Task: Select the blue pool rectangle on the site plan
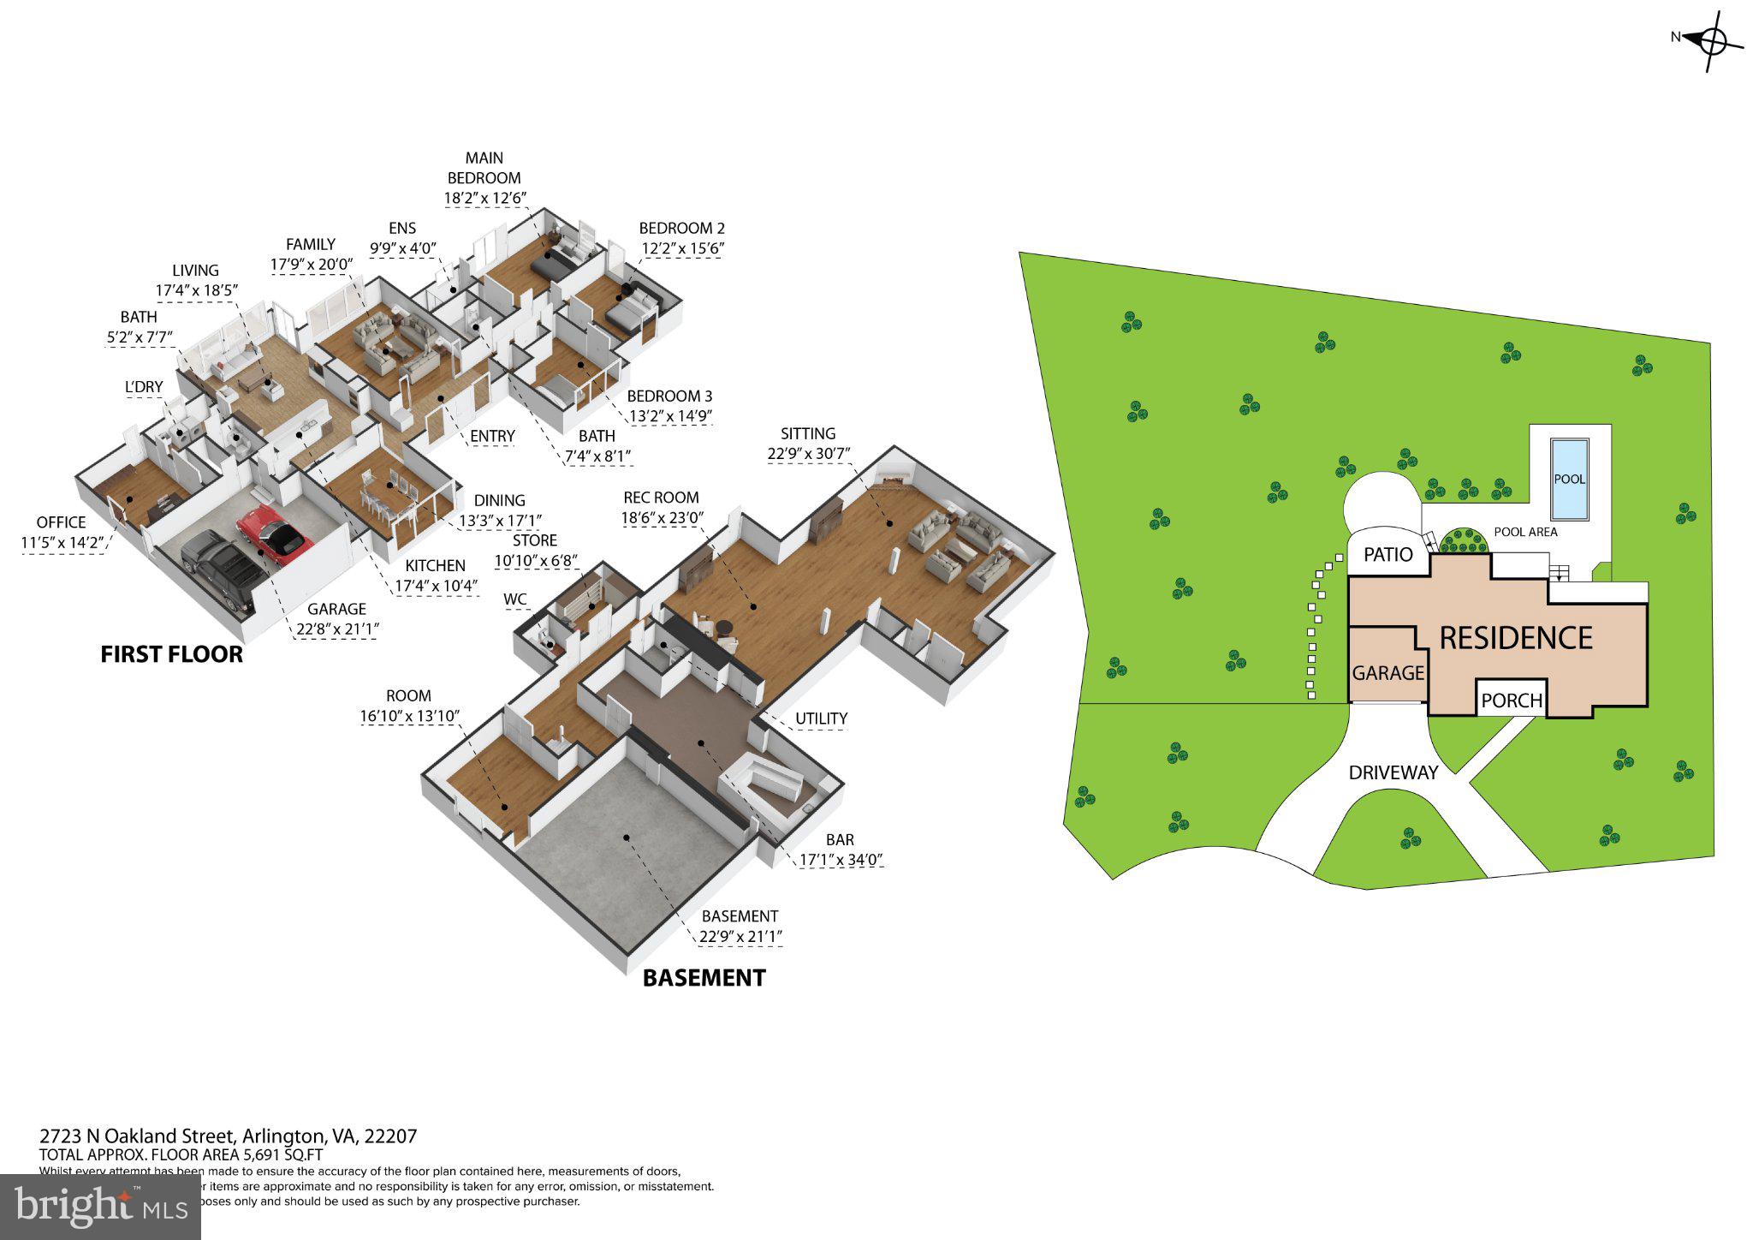pos(1569,479)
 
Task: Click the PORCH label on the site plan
pos(1512,700)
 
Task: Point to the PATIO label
pos(1388,555)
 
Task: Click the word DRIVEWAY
pos(1393,772)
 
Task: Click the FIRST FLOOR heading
pos(171,655)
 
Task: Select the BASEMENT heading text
pos(704,978)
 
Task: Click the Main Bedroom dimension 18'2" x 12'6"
pos(484,199)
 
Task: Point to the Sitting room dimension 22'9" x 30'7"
pos(808,454)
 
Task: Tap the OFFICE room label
pos(61,522)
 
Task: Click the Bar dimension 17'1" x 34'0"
pos(840,861)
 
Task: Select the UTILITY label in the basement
pos(821,718)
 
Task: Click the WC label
pos(514,599)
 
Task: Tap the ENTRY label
pos(492,436)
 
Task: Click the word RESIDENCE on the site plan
pos(1515,638)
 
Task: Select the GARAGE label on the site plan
pos(1388,673)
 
